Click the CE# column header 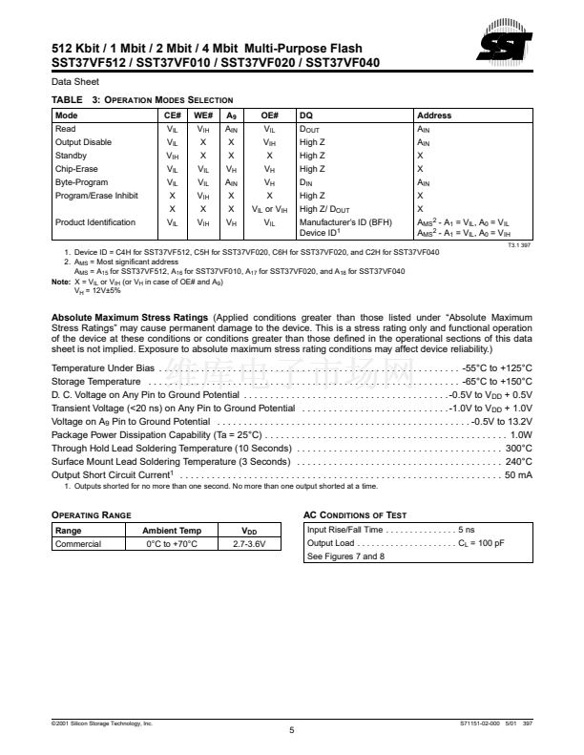[x=173, y=115]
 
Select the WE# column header [x=202, y=115]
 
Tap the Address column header [x=434, y=115]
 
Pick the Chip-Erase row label [x=77, y=169]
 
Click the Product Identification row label [x=95, y=222]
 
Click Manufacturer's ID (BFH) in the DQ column [x=345, y=222]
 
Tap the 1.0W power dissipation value [x=521, y=434]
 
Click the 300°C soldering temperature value [x=518, y=448]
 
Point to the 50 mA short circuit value [x=518, y=474]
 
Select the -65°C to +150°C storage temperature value [x=496, y=408]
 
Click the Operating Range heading [x=91, y=514]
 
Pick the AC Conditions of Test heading [x=355, y=514]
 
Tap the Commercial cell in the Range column [x=78, y=544]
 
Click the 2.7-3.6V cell [x=250, y=544]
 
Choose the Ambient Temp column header [x=172, y=531]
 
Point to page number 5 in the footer [x=292, y=730]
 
